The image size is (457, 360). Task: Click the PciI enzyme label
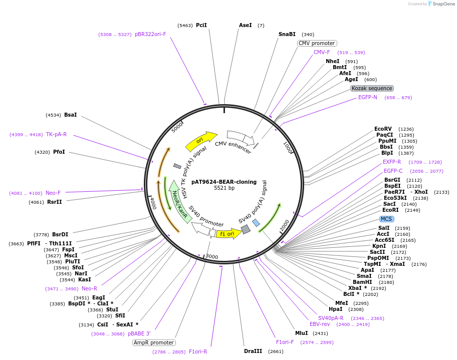pyautogui.click(x=201, y=25)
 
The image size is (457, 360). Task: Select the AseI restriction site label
pyautogui.click(x=246, y=25)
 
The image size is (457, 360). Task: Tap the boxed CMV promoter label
pyautogui.click(x=317, y=43)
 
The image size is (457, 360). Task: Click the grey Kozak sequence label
pyautogui.click(x=372, y=88)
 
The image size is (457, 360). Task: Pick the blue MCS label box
pyautogui.click(x=386, y=219)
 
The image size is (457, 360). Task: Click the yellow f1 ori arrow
pyautogui.click(x=228, y=233)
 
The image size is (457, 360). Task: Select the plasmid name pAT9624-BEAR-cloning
pyautogui.click(x=224, y=182)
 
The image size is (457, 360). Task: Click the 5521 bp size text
pyautogui.click(x=224, y=188)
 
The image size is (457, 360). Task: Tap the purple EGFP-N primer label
pyautogui.click(x=368, y=97)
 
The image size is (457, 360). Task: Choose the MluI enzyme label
pyautogui.click(x=302, y=333)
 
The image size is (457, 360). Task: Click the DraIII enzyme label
pyautogui.click(x=253, y=351)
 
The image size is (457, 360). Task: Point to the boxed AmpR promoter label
pyautogui.click(x=154, y=342)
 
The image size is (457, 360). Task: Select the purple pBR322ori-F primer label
pyautogui.click(x=150, y=35)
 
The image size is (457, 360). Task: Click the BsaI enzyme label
pyautogui.click(x=71, y=115)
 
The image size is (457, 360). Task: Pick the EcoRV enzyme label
pyautogui.click(x=383, y=129)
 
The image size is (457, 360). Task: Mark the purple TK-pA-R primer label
pyautogui.click(x=56, y=134)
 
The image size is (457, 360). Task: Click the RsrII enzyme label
pyautogui.click(x=55, y=202)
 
